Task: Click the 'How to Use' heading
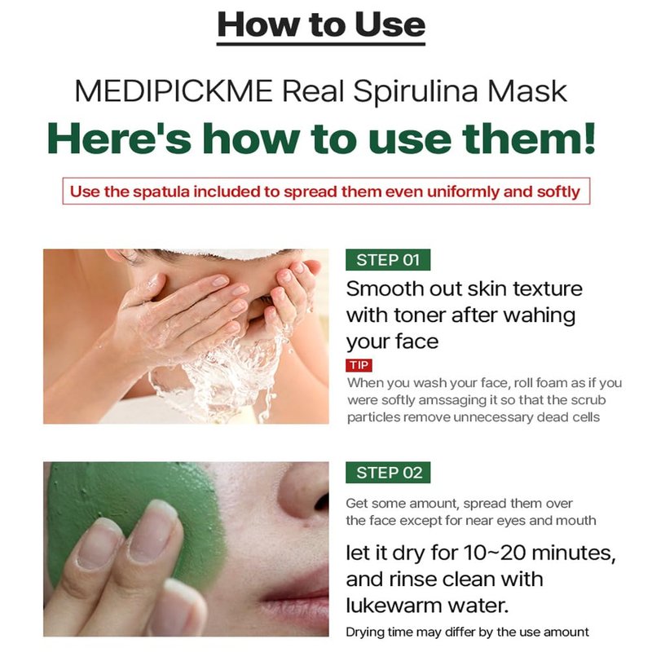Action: coord(321,25)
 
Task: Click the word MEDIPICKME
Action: coord(174,91)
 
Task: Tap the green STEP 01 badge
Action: coord(388,260)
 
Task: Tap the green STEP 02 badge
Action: coord(388,473)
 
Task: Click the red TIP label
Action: coord(359,365)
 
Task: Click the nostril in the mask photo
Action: coord(321,502)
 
